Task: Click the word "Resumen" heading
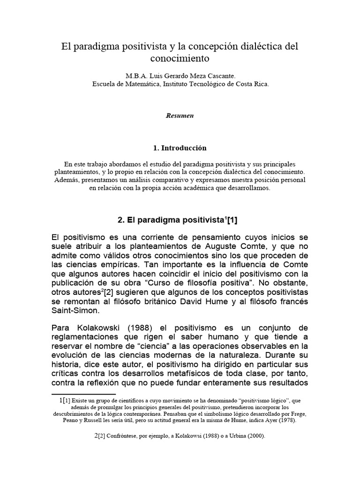[x=180, y=115]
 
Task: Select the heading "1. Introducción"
[x=180, y=148]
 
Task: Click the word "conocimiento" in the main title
[x=180, y=60]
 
